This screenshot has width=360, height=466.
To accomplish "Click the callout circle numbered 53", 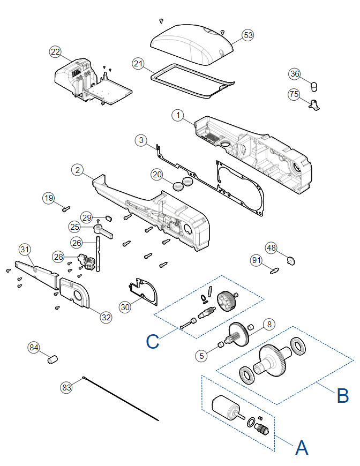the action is pyautogui.click(x=248, y=35).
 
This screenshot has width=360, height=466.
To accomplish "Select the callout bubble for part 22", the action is pyautogui.click(x=55, y=52).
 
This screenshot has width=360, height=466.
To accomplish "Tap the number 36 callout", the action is pyautogui.click(x=295, y=74).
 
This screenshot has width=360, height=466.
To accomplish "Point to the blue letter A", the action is pyautogui.click(x=302, y=448).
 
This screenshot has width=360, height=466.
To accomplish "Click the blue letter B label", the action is pyautogui.click(x=342, y=396).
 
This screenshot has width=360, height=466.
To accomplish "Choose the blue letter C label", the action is pyautogui.click(x=153, y=341).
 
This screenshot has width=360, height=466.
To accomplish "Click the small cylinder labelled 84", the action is pyautogui.click(x=52, y=359).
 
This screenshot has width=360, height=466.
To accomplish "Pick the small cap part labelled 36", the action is pyautogui.click(x=314, y=87).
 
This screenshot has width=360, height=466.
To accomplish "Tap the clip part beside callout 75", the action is pyautogui.click(x=314, y=105).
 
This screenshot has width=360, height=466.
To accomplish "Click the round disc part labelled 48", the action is pyautogui.click(x=291, y=261).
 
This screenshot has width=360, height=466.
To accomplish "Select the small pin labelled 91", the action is pyautogui.click(x=274, y=270).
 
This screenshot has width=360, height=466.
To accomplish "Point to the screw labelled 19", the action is pyautogui.click(x=66, y=209).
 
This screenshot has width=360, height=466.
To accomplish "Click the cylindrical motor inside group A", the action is pyautogui.click(x=226, y=407).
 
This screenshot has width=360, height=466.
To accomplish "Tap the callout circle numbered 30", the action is pyautogui.click(x=125, y=307).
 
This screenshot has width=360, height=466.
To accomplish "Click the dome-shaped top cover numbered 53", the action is pyautogui.click(x=192, y=44).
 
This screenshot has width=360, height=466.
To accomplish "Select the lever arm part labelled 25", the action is pyautogui.click(x=103, y=231).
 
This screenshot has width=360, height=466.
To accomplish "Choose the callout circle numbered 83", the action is pyautogui.click(x=66, y=387).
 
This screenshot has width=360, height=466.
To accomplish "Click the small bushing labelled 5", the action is pyautogui.click(x=221, y=345).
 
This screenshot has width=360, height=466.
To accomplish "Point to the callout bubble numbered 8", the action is pyautogui.click(x=269, y=324).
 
